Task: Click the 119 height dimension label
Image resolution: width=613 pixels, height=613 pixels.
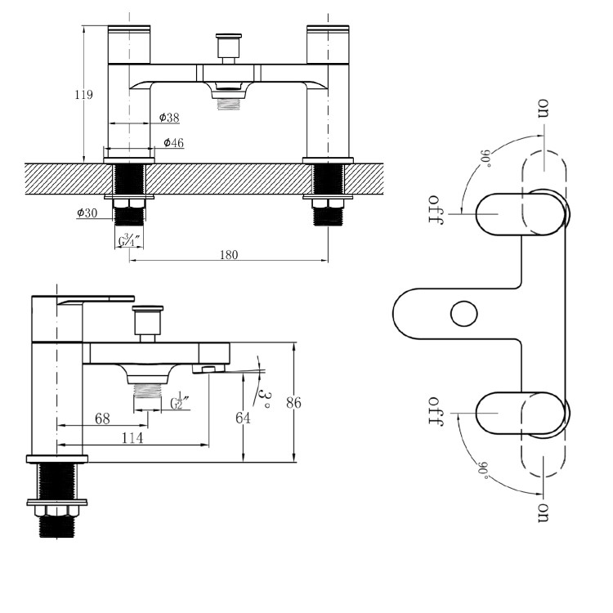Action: point(84,95)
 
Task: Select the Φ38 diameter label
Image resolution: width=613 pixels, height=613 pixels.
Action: point(169,117)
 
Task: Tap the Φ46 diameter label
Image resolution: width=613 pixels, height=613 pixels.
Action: point(173,143)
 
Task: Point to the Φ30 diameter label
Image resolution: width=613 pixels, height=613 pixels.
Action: point(87,213)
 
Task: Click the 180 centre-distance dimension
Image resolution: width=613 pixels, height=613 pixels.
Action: point(229,255)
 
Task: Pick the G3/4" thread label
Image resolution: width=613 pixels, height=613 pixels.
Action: point(129,239)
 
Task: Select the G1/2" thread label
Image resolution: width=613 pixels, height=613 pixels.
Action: point(180,400)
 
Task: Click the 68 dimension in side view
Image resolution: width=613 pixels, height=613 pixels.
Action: point(102,418)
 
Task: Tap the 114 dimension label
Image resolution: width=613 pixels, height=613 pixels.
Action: point(132,438)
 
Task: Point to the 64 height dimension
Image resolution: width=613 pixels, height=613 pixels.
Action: point(243,418)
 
